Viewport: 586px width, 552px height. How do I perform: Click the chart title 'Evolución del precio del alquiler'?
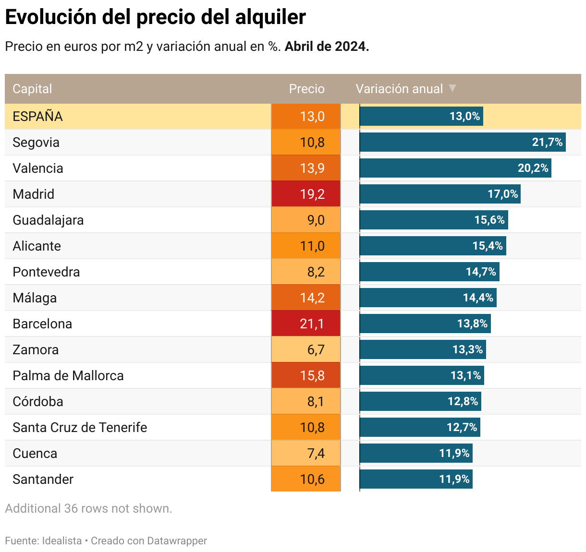tap(155, 17)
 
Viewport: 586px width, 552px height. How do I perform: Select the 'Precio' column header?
tap(306, 89)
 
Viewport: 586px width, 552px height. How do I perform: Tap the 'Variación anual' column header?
tap(399, 89)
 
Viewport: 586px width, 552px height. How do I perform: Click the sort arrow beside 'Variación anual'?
tap(452, 88)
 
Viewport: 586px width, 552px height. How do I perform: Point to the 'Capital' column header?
tap(32, 89)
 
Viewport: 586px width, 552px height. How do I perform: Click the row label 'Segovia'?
tap(36, 143)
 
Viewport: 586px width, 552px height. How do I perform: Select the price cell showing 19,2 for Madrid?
tap(306, 194)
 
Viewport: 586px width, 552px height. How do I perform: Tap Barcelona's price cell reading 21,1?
tap(306, 324)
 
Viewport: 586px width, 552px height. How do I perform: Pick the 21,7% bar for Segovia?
tap(462, 143)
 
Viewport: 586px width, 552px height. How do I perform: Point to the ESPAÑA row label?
tap(38, 117)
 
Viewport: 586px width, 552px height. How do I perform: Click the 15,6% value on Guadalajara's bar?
tap(489, 220)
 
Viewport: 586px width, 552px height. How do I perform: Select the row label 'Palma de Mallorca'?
tap(68, 375)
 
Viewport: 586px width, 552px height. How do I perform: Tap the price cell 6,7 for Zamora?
tap(306, 349)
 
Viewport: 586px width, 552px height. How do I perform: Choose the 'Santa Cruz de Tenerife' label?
tap(80, 427)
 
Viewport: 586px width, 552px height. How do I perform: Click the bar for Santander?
tap(416, 479)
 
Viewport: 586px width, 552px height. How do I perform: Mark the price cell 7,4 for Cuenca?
tap(306, 453)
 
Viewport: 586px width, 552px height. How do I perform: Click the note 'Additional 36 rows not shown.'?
tap(88, 508)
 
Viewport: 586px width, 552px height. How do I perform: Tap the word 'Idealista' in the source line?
tap(62, 540)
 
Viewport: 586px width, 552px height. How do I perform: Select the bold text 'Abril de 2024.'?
tap(327, 47)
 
